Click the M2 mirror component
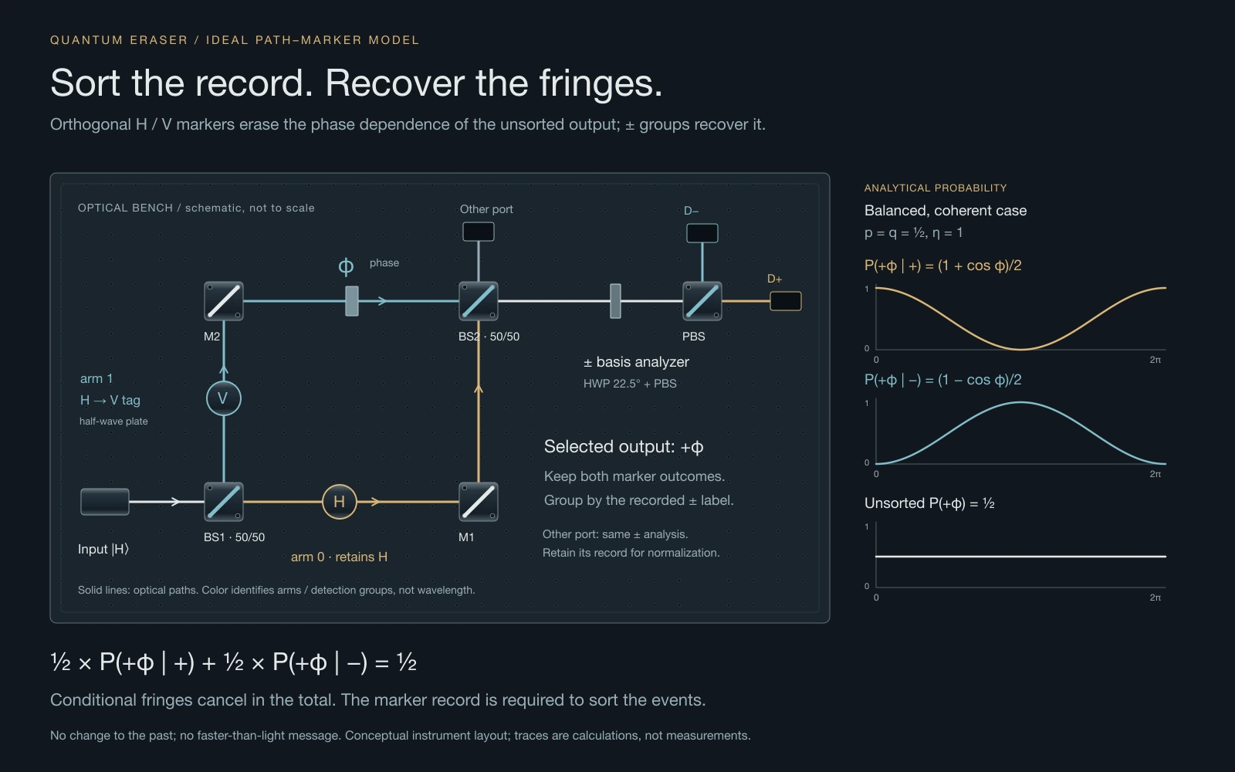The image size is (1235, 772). pyautogui.click(x=223, y=301)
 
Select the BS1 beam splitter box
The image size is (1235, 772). pyautogui.click(x=223, y=502)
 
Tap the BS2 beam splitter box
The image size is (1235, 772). pyautogui.click(x=478, y=301)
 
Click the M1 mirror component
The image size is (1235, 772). pyautogui.click(x=478, y=502)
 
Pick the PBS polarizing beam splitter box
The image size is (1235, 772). pyautogui.click(x=702, y=301)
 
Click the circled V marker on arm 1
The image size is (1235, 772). pyautogui.click(x=223, y=398)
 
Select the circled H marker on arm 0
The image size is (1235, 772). pyautogui.click(x=339, y=502)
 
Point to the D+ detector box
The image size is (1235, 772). pyautogui.click(x=786, y=301)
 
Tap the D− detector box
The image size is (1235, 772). pyautogui.click(x=702, y=233)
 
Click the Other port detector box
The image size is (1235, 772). pyautogui.click(x=478, y=232)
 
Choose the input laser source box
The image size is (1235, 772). pyautogui.click(x=105, y=502)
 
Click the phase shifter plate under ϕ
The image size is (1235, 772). pyautogui.click(x=352, y=301)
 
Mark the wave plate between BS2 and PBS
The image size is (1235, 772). pyautogui.click(x=616, y=301)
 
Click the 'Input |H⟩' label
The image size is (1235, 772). pyautogui.click(x=103, y=549)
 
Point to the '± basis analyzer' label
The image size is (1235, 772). pyautogui.click(x=636, y=362)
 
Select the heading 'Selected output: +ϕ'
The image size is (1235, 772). pyautogui.click(x=624, y=447)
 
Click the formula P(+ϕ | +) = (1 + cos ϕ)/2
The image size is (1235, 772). pyautogui.click(x=942, y=266)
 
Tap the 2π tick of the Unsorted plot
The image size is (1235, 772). pyautogui.click(x=1155, y=598)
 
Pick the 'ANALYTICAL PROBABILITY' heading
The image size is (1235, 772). pyautogui.click(x=935, y=188)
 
